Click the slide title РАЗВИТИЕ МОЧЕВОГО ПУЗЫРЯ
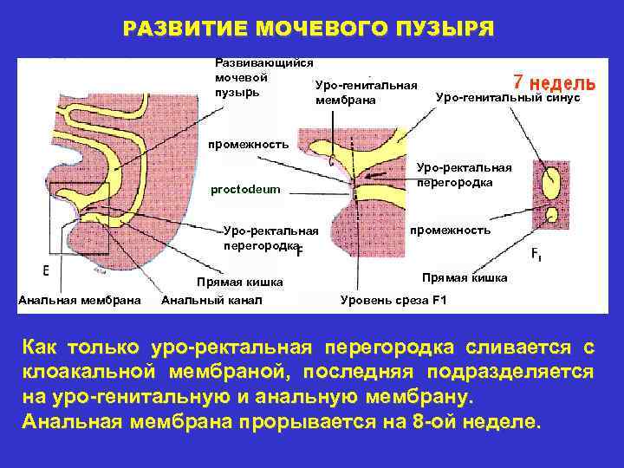[309, 29]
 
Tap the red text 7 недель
[554, 82]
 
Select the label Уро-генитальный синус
[507, 98]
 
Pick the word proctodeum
[246, 190]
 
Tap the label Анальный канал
[211, 301]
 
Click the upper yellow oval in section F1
[549, 184]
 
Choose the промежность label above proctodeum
[246, 145]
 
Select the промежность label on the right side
[450, 231]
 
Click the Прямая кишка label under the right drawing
[458, 278]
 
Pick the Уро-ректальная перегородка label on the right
[464, 175]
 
